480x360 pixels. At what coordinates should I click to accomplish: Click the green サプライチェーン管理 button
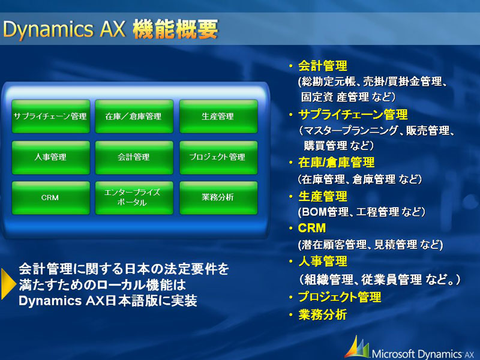pos(51,116)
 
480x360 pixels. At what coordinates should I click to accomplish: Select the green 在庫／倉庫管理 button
pos(134,116)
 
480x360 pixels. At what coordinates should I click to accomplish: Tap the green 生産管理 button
pos(218,116)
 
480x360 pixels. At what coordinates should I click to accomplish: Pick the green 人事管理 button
pos(51,157)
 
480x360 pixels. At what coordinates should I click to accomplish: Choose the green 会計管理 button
pos(134,157)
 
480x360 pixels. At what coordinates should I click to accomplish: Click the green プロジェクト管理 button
pos(218,157)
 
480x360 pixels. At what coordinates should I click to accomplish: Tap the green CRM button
pos(51,198)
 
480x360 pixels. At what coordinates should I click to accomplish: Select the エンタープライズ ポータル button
pos(134,198)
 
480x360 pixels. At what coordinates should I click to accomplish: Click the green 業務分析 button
pos(218,198)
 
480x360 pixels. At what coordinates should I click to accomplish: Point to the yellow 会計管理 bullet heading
pos(323,66)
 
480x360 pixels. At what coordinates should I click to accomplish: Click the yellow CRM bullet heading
pos(311,228)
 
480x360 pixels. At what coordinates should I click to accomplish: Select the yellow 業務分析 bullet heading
pos(323,314)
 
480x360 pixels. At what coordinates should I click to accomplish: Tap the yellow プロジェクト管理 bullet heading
pos(340,297)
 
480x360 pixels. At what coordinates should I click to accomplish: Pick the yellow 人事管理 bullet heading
pos(323,262)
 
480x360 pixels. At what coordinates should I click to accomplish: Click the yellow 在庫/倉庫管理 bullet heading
pos(336,163)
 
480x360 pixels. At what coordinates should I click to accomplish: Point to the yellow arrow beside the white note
pos(8,284)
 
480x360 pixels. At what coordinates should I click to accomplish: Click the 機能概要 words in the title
pos(175,29)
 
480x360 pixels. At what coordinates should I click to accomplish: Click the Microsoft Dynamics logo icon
pos(357,347)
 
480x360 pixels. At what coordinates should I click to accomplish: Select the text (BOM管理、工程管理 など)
pos(362,212)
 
